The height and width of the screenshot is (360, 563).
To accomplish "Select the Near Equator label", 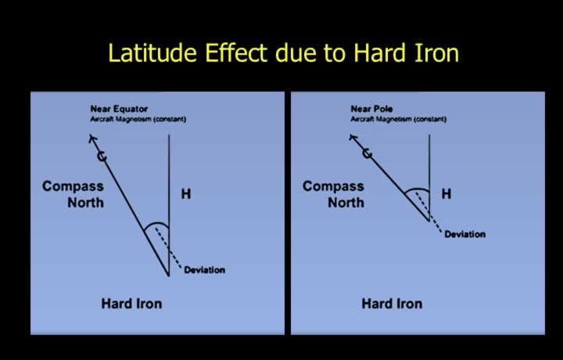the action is [x=119, y=109].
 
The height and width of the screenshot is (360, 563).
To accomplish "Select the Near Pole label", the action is [x=371, y=109].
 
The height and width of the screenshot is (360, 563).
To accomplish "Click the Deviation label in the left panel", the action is [x=204, y=270].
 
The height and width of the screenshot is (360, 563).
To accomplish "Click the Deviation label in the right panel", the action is [x=465, y=234].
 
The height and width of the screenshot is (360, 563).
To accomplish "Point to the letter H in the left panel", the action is [x=186, y=194].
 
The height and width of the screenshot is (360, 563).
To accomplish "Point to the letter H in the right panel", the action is [x=446, y=194].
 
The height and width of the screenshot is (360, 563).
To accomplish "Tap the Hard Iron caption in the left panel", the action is [x=131, y=304].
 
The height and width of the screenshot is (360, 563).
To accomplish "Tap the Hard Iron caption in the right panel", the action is [x=392, y=304].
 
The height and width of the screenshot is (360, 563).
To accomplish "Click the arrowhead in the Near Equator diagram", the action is [x=92, y=139].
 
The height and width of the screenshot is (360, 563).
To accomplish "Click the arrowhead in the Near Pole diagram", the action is [x=353, y=138].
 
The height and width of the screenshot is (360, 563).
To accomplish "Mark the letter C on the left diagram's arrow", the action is [x=102, y=156].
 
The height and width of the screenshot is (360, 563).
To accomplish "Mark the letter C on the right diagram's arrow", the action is [x=367, y=153].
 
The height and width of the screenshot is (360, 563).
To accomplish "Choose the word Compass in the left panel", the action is [x=73, y=186].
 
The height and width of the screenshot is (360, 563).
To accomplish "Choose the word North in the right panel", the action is [x=346, y=203].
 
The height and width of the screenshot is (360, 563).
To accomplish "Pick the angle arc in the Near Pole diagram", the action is [x=417, y=189].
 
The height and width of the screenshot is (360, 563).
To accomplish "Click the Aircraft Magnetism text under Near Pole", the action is [x=399, y=119].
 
